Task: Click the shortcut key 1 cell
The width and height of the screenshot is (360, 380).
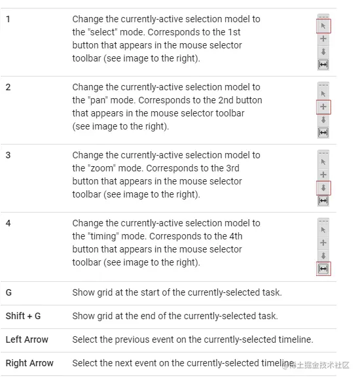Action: (x=8, y=19)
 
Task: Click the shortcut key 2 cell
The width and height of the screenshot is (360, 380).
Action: (x=9, y=87)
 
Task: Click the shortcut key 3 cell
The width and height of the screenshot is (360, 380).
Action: (x=9, y=156)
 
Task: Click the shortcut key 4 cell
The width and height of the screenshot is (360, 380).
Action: (x=9, y=223)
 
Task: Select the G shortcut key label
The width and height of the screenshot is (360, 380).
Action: (x=9, y=292)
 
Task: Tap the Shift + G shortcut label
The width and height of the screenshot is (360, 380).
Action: (x=23, y=316)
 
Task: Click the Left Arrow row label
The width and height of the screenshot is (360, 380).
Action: (x=27, y=339)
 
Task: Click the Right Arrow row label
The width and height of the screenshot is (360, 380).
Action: (x=29, y=363)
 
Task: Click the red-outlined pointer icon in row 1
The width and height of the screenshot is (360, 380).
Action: (x=323, y=26)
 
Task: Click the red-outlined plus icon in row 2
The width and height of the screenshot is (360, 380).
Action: (x=323, y=107)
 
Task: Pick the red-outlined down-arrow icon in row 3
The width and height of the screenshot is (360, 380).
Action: (x=323, y=188)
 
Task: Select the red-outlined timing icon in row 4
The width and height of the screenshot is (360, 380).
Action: (x=323, y=269)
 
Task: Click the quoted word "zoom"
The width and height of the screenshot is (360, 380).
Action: (x=101, y=168)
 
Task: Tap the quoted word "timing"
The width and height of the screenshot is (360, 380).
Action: (x=103, y=236)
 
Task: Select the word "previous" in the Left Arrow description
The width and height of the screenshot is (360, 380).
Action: (x=132, y=339)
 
